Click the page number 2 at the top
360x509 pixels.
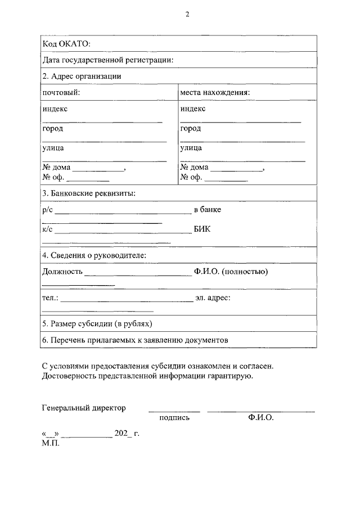tap(188, 15)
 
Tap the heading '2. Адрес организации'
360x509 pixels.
tap(82, 76)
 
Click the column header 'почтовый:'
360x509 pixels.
tap(61, 92)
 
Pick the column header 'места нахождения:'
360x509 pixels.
tap(215, 92)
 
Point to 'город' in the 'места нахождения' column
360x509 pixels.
tap(191, 128)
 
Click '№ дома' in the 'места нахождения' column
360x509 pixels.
tap(194, 167)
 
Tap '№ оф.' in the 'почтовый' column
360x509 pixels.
tap(53, 178)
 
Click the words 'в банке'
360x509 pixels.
tap(208, 209)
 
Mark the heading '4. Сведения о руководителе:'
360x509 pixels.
tap(94, 255)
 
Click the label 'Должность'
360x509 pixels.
tap(62, 272)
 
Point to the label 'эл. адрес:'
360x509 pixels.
tap(213, 297)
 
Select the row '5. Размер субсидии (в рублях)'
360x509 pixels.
tap(97, 324)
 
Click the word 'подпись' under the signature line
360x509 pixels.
tap(174, 417)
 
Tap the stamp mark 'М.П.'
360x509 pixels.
tap(50, 443)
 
